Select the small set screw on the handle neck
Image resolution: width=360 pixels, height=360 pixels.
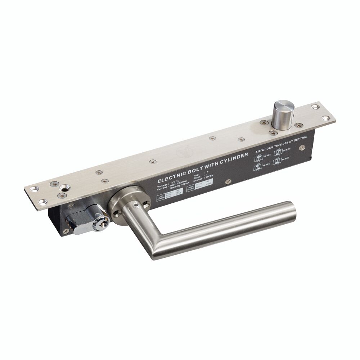tap(136, 204)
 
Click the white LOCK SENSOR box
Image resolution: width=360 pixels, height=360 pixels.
tap(166, 196)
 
